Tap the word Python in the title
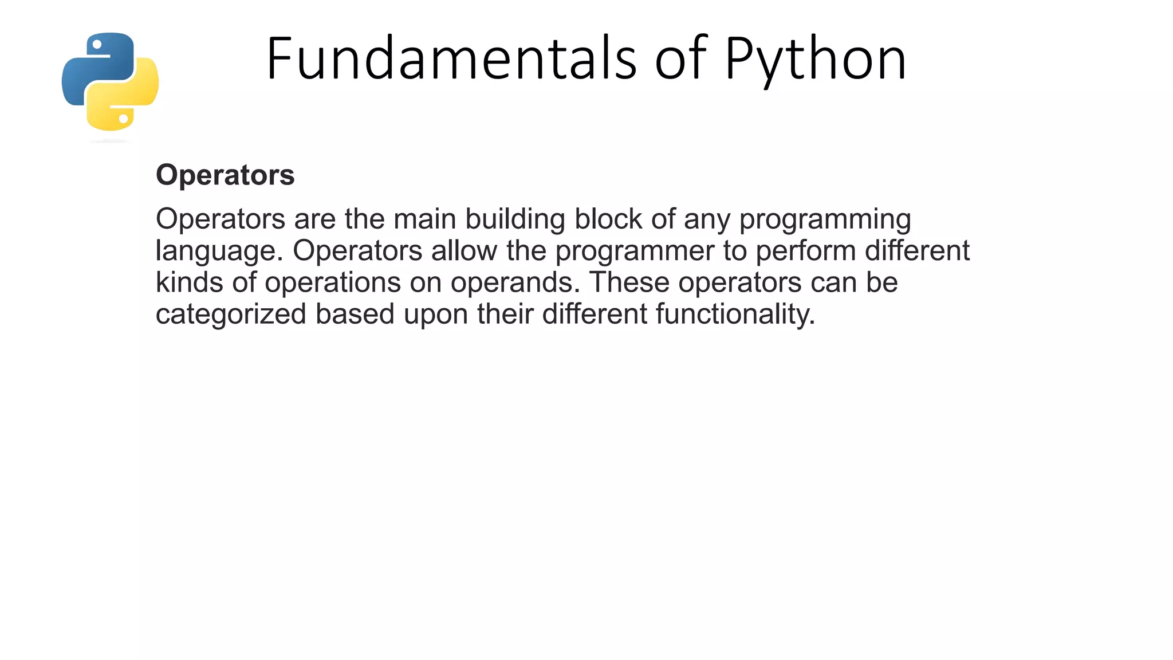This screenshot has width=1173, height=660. [x=816, y=60]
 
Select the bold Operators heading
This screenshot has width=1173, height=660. [x=225, y=175]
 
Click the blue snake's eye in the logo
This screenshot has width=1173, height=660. [x=97, y=44]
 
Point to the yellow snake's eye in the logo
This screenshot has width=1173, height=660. [x=123, y=119]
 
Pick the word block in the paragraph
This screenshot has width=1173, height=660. [x=608, y=219]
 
